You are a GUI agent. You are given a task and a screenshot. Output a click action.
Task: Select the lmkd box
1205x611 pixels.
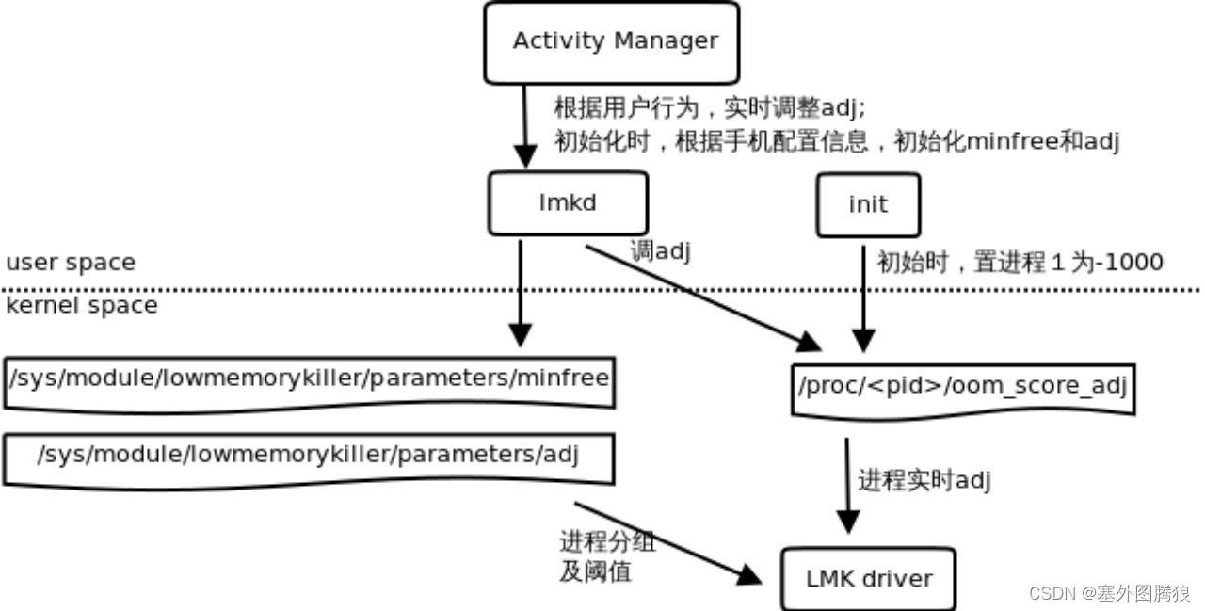(x=568, y=203)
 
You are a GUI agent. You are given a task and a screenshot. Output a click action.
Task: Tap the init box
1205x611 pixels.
(x=867, y=204)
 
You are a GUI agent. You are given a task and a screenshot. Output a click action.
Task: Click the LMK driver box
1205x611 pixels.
(x=868, y=578)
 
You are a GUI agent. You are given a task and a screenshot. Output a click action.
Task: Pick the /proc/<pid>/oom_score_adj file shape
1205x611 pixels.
(x=962, y=386)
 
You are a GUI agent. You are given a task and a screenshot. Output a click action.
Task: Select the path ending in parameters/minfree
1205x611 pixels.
(x=309, y=379)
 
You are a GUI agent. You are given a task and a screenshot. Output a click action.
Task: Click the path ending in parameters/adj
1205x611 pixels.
(x=308, y=457)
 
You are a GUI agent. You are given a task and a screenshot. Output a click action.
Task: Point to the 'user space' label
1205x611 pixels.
(x=70, y=263)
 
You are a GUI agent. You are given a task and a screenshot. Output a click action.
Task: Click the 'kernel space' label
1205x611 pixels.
(x=81, y=306)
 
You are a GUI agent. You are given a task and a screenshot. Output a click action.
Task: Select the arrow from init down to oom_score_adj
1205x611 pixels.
(x=863, y=297)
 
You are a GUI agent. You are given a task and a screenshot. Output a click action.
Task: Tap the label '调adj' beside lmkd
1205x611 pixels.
(x=661, y=251)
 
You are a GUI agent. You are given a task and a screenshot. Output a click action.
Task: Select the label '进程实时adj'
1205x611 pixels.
(x=924, y=480)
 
